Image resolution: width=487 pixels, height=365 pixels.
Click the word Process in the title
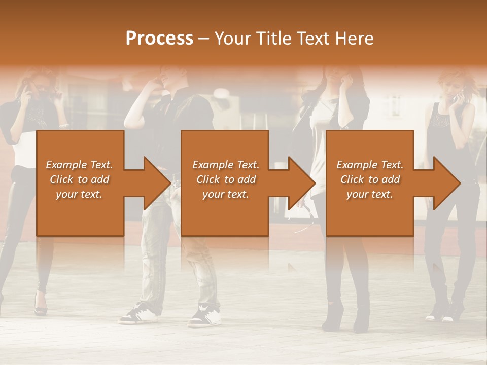(159, 39)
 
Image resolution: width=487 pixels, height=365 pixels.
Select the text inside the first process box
(80, 179)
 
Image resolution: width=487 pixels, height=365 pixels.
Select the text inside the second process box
(226, 179)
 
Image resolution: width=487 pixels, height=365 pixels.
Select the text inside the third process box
(370, 179)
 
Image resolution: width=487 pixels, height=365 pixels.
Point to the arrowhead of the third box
(446, 183)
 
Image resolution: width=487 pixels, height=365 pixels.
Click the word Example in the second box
(208, 165)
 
